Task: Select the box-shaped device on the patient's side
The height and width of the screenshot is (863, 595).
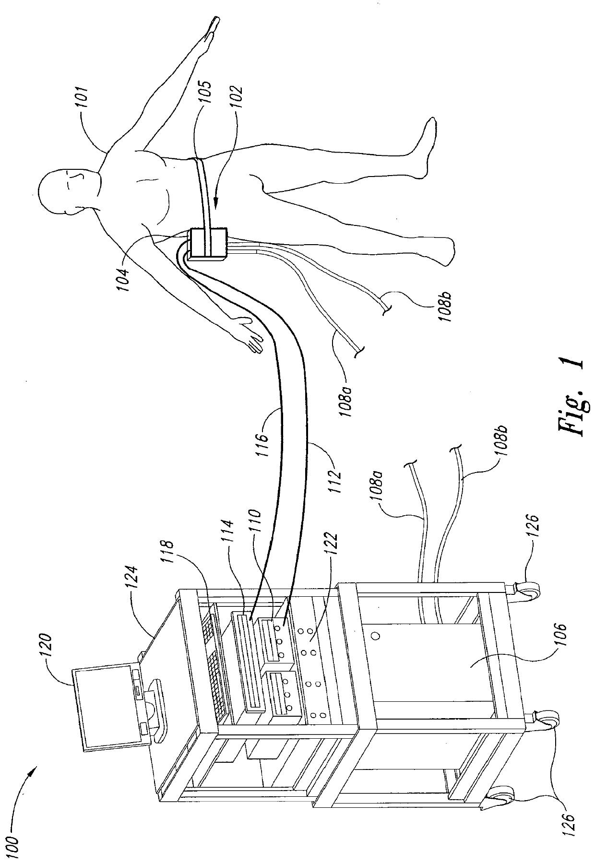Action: click(x=208, y=244)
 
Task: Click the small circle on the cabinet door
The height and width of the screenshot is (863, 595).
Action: click(x=376, y=636)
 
